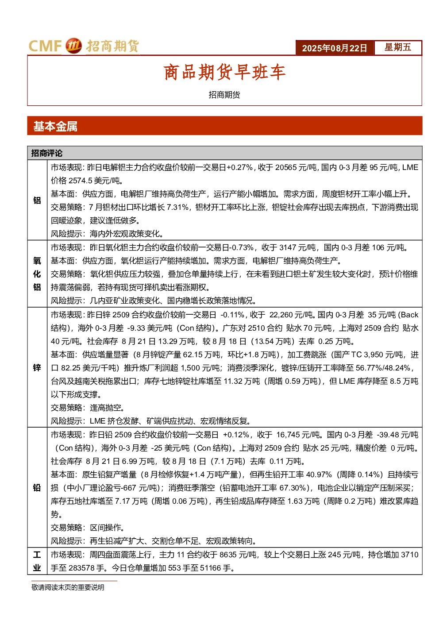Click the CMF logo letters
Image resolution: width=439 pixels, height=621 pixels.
45,46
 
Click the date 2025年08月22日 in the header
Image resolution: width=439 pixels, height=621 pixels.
335,48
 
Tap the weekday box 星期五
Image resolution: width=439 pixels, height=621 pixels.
398,47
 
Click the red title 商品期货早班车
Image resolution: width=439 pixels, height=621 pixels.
224,72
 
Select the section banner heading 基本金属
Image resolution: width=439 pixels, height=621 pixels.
55,127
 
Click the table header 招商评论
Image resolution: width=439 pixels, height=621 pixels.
47,153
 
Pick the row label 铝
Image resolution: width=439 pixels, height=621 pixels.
37,200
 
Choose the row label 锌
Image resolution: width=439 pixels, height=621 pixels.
37,368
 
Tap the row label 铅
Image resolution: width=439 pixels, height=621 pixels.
37,488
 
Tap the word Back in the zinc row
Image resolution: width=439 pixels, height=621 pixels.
410,315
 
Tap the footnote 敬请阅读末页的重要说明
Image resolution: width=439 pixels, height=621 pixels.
68,587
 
